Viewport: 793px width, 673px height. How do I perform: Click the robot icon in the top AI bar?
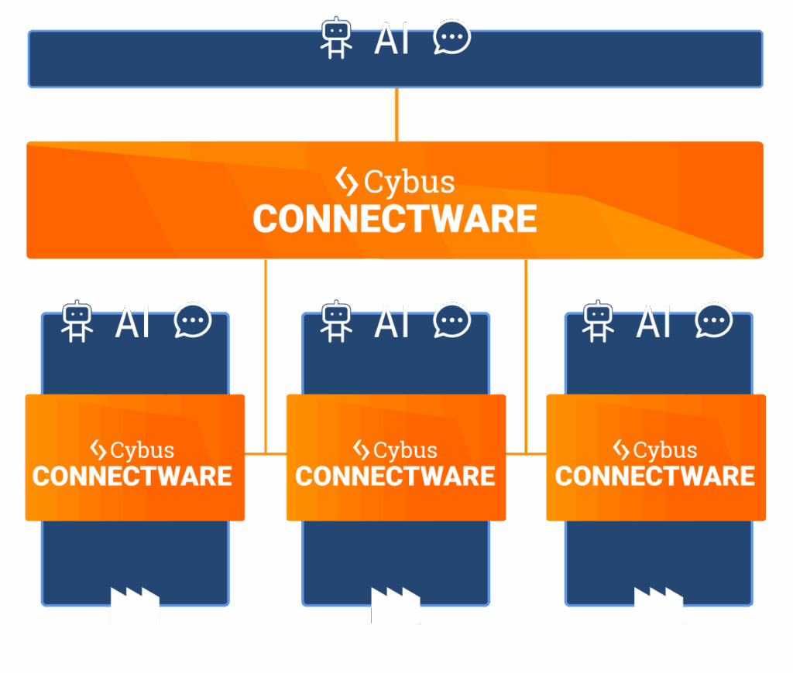click(x=336, y=39)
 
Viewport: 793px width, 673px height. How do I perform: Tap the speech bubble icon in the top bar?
click(x=451, y=38)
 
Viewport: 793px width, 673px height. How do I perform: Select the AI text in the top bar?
click(x=392, y=39)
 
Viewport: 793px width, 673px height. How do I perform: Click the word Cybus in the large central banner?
click(x=409, y=183)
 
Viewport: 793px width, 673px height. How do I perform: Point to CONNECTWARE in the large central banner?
click(x=395, y=219)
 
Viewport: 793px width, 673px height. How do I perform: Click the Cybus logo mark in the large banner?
click(x=346, y=181)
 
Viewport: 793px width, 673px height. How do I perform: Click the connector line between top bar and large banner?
click(x=396, y=114)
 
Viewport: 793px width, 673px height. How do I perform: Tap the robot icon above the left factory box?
click(x=77, y=322)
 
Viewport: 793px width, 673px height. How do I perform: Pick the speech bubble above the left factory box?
click(x=193, y=321)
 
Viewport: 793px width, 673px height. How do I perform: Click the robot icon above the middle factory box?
click(x=336, y=322)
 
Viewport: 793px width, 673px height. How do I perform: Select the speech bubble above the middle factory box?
click(x=451, y=321)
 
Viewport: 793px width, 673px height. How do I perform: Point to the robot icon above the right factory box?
click(x=598, y=322)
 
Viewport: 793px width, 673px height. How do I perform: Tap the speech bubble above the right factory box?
click(x=713, y=321)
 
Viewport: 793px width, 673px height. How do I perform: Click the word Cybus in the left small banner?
click(x=142, y=450)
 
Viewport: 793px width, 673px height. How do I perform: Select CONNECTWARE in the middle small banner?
click(x=395, y=476)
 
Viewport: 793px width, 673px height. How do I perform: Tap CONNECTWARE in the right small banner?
click(x=655, y=476)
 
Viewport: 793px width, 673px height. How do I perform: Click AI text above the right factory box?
click(x=654, y=322)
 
